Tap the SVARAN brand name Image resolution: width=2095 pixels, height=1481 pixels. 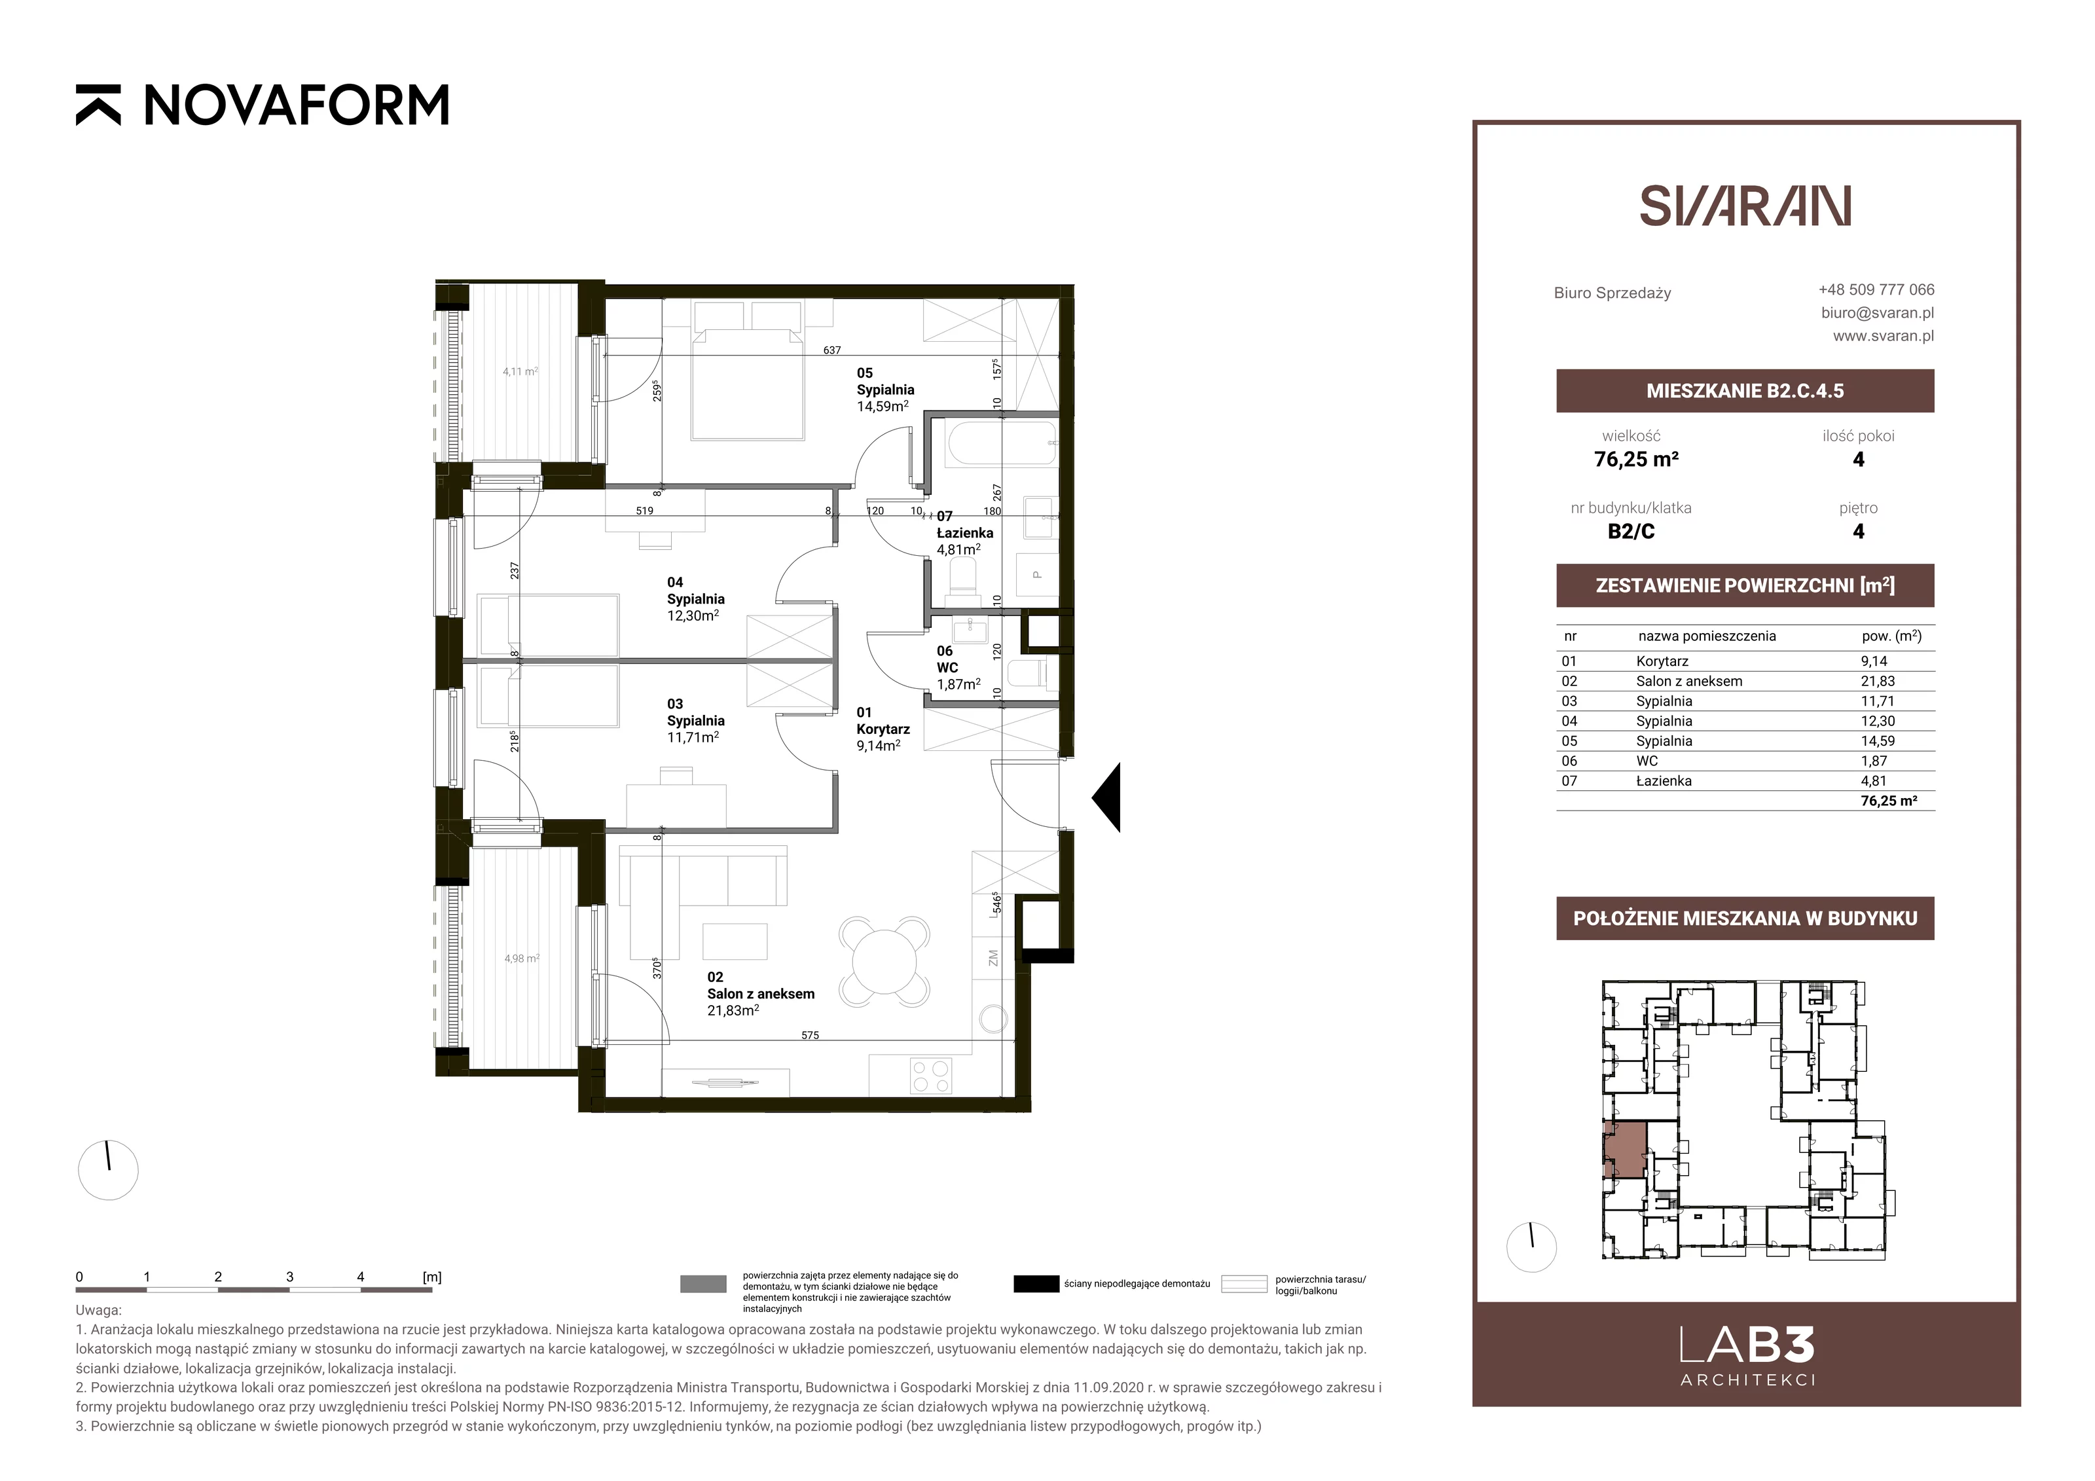(1745, 206)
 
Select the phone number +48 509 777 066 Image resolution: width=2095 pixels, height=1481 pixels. (1876, 289)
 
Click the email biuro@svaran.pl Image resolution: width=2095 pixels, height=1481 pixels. (1877, 312)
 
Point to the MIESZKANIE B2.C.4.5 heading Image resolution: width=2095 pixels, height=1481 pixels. (1745, 391)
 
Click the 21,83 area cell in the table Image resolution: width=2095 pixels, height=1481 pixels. (1878, 681)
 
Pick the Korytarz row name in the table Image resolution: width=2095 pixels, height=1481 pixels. (1662, 661)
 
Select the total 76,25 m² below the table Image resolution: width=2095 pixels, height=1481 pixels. (1889, 800)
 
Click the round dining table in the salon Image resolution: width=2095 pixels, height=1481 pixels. (884, 960)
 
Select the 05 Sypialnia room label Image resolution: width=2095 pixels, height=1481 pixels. (885, 390)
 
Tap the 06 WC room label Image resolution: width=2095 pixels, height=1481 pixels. (958, 667)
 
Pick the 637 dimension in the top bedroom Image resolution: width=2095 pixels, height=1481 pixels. (831, 350)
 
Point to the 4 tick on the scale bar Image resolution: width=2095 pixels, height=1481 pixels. (361, 1277)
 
